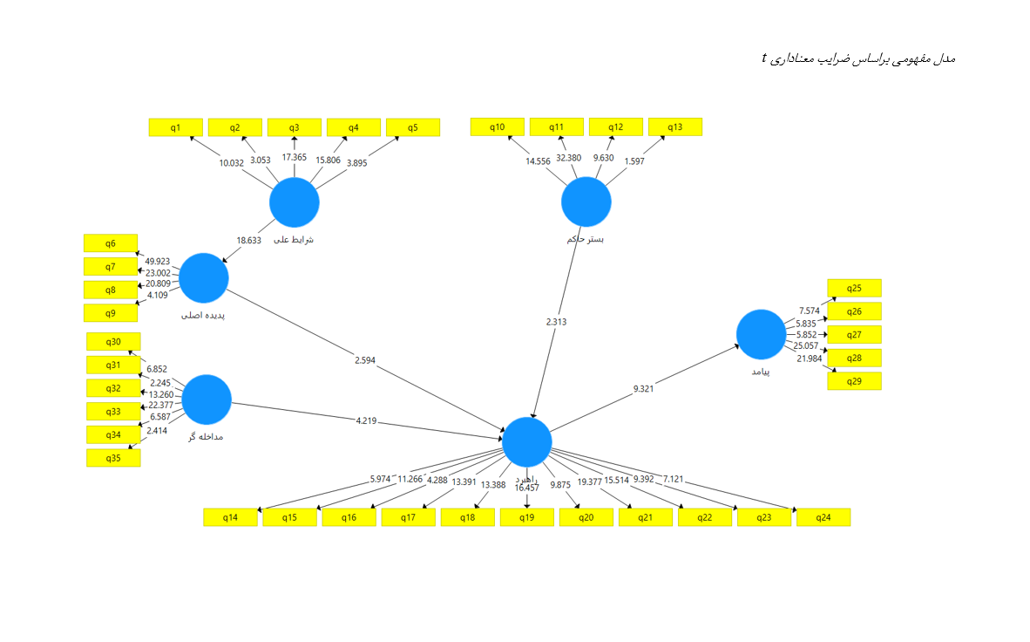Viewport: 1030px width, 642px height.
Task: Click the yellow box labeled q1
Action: (175, 127)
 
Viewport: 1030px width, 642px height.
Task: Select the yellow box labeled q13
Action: (674, 127)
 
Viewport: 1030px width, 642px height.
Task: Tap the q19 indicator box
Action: (526, 517)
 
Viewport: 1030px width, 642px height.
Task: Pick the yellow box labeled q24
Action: (823, 517)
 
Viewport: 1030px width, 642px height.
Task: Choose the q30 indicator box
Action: (112, 342)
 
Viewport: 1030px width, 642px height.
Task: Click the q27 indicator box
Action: (854, 335)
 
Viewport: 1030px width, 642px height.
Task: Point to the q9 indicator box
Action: (110, 313)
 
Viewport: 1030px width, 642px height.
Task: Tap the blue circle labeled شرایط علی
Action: (294, 202)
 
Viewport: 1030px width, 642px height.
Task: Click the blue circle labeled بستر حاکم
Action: (586, 202)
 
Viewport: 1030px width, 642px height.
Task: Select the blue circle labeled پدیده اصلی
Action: (204, 277)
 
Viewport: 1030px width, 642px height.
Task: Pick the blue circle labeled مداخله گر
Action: (207, 400)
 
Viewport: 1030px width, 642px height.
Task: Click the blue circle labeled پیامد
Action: (761, 335)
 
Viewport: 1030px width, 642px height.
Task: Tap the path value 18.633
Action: (248, 241)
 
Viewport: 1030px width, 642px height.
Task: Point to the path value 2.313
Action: (556, 322)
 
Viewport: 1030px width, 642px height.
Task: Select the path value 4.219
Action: (367, 421)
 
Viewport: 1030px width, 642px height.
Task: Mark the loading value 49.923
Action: (158, 261)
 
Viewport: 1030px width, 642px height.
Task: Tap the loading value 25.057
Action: (807, 346)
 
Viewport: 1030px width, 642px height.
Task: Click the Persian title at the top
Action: (858, 58)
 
